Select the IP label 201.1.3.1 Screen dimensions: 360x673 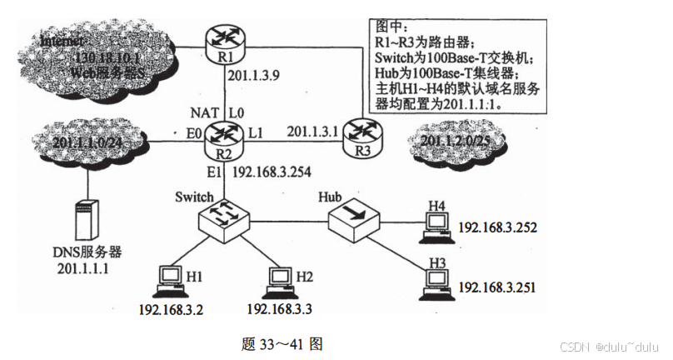click(312, 131)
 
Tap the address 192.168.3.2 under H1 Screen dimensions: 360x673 click(171, 309)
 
